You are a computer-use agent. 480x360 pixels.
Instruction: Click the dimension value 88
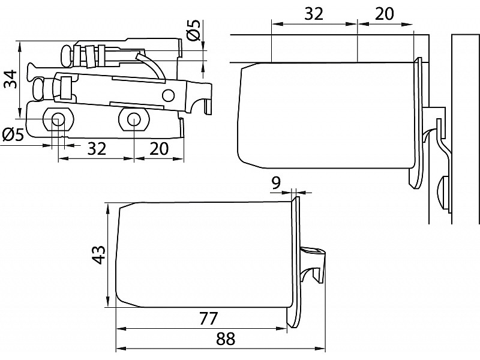pyautogui.click(x=225, y=339)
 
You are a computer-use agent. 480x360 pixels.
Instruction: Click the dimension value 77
pyautogui.click(x=207, y=317)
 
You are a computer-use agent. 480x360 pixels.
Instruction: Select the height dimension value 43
pyautogui.click(x=100, y=255)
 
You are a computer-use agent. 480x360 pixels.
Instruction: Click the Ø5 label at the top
pyautogui.click(x=193, y=29)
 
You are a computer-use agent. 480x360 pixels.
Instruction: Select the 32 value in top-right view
pyautogui.click(x=314, y=14)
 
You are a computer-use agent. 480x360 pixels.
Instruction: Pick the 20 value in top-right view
pyautogui.click(x=385, y=14)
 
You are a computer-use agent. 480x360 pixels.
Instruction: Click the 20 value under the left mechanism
pyautogui.click(x=158, y=148)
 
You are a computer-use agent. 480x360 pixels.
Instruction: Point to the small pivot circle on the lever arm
pyautogui.click(x=169, y=95)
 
